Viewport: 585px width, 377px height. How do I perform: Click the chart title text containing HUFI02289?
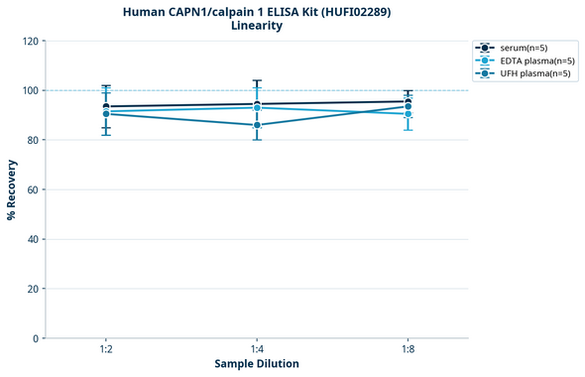257,11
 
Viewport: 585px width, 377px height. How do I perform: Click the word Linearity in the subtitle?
257,26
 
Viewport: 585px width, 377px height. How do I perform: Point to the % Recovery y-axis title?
12,189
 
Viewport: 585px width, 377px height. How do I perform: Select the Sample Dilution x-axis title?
257,364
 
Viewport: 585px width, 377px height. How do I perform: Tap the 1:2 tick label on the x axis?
106,349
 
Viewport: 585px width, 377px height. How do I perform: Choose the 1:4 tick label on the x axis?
257,349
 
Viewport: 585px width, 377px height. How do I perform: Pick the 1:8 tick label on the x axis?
408,349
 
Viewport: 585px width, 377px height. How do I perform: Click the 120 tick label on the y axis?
30,41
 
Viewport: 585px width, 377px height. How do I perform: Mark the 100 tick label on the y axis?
30,90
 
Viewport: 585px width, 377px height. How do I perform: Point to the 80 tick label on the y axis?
33,140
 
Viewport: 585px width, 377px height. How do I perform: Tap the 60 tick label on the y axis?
33,189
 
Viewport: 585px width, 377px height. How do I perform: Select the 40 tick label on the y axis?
33,239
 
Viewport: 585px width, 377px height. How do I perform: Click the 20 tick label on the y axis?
33,289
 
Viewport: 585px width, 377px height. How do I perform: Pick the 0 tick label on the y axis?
36,338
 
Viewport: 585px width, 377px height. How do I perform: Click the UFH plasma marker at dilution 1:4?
257,125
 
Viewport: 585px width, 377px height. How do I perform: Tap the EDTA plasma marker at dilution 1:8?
408,114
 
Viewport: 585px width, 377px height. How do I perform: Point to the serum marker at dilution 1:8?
408,101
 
